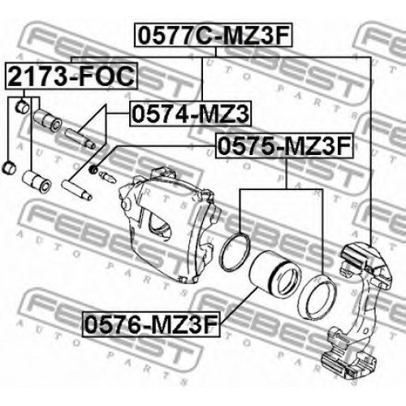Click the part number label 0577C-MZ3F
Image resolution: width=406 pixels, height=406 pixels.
[x=214, y=35]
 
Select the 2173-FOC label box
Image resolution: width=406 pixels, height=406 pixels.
[x=71, y=76]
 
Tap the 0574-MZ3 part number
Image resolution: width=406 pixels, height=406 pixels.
[x=191, y=114]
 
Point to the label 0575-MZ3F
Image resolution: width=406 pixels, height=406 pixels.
[x=284, y=146]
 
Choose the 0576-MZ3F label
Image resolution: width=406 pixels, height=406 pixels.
[x=151, y=324]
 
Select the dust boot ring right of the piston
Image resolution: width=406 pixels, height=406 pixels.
[x=317, y=296]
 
